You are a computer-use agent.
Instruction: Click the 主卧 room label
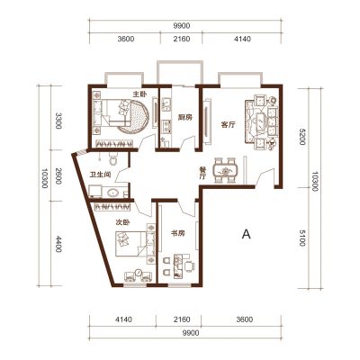point(139,94)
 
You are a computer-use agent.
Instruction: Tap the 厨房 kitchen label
point(184,117)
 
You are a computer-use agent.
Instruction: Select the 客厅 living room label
point(229,125)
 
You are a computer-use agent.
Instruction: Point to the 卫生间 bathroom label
point(100,175)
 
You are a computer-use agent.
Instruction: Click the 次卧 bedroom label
point(122,223)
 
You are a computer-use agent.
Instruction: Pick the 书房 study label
point(178,233)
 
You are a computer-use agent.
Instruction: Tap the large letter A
point(246,234)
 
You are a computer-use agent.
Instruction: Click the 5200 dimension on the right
point(301,136)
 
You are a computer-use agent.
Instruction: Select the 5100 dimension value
point(301,238)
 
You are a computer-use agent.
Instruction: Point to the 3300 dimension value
point(58,121)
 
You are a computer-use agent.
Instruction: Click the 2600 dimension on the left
point(58,176)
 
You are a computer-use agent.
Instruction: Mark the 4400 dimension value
point(58,244)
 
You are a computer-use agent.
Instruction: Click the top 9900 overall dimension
point(182,26)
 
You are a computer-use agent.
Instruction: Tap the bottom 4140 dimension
point(123,319)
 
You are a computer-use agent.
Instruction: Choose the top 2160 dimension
point(182,39)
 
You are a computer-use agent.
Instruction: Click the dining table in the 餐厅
point(225,171)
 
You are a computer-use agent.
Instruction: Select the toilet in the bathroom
point(113,159)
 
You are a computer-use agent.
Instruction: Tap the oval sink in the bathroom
point(112,193)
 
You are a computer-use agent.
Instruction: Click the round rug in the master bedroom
point(135,116)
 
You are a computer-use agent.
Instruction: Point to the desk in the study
point(178,265)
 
